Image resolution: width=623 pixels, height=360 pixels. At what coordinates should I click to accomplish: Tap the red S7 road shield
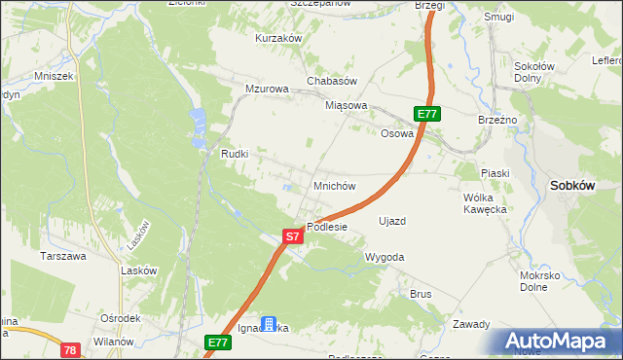(x=293, y=236)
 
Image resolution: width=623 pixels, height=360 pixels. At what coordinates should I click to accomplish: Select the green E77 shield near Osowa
(x=426, y=114)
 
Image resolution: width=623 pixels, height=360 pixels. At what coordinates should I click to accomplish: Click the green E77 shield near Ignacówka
(x=217, y=342)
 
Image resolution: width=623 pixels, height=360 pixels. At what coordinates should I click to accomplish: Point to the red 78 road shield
(x=69, y=349)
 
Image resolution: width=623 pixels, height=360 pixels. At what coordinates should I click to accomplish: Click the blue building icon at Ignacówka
(x=270, y=325)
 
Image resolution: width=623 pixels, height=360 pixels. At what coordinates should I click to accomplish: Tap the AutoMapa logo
(x=559, y=341)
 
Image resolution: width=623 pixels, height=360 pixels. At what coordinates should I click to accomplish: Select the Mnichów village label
(x=334, y=185)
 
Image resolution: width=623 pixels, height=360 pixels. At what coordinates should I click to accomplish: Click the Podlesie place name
(x=327, y=227)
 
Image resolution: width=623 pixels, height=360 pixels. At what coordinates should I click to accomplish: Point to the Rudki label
(x=236, y=154)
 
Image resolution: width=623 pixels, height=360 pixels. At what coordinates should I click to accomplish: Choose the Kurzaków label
(x=279, y=38)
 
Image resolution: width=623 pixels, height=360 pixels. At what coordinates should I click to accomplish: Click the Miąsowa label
(x=347, y=105)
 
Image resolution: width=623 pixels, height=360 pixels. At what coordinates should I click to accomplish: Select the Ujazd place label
(x=391, y=221)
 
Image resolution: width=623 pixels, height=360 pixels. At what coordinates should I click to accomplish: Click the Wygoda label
(x=384, y=257)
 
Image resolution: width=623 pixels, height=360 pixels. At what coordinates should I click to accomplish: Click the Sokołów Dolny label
(x=534, y=73)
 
